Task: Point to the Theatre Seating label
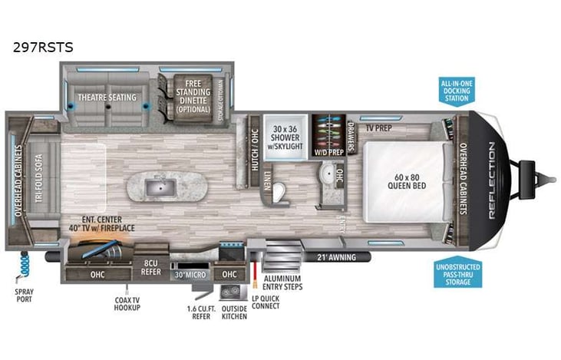point(107,97)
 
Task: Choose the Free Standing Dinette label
point(192,96)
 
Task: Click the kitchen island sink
point(162,185)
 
